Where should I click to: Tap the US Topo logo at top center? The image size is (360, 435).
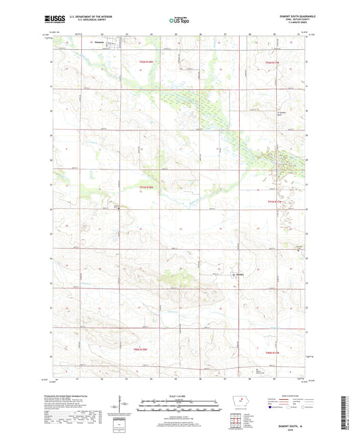click(x=180, y=21)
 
